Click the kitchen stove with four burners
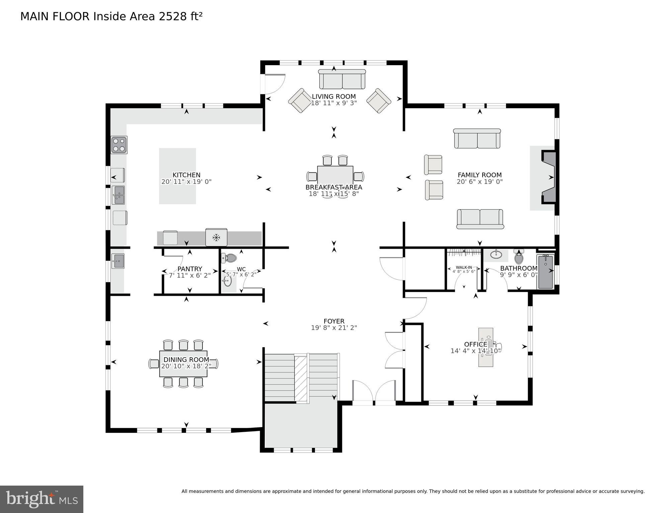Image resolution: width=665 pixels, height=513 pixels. (x=119, y=145)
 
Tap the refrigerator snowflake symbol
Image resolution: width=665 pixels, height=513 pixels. (x=216, y=238)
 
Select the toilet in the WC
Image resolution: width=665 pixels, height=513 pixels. (x=229, y=258)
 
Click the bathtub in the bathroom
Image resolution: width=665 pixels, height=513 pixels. (x=545, y=271)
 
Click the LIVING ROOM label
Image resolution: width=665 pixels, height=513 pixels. (x=334, y=97)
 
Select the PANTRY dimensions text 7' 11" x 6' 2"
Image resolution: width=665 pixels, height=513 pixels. (x=190, y=276)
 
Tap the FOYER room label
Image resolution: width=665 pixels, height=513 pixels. (x=334, y=321)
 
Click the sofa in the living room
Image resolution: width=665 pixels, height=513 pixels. (x=342, y=80)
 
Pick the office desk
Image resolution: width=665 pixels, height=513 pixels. (x=485, y=347)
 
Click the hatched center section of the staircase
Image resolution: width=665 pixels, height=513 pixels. (x=301, y=379)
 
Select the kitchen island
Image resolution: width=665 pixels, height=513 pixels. (x=177, y=176)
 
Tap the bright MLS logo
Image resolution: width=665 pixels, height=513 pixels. (x=41, y=499)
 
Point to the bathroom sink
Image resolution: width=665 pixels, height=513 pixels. (x=496, y=255)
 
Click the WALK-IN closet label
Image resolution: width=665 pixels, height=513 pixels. (x=464, y=267)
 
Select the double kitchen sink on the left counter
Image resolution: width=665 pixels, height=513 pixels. (x=118, y=195)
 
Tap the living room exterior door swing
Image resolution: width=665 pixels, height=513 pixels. (x=274, y=84)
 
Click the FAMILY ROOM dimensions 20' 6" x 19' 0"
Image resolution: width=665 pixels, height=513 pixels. (x=479, y=182)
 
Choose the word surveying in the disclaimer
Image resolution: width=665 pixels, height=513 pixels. (x=631, y=491)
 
